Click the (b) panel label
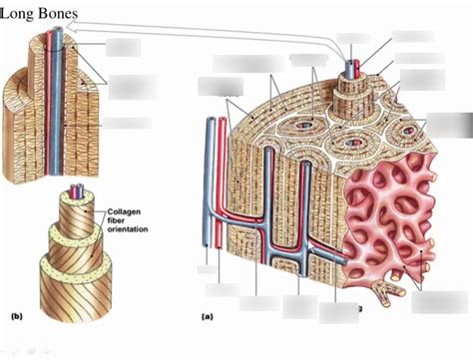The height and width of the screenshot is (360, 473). [x=16, y=315]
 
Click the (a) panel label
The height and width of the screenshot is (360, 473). [x=208, y=315]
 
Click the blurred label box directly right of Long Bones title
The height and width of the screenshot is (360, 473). [x=124, y=46]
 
